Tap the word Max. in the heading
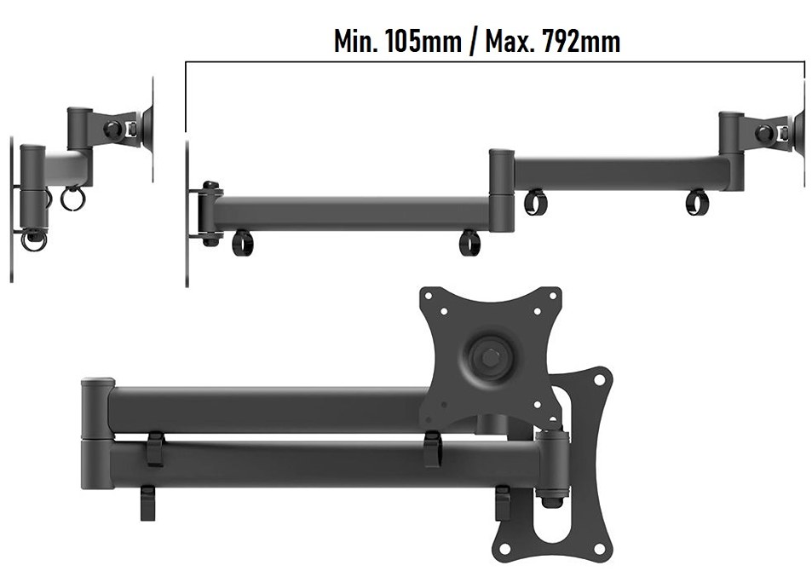point(509,41)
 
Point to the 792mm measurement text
point(581,41)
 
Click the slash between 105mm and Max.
point(473,42)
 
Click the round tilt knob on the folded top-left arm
point(112,129)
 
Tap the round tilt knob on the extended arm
point(763,133)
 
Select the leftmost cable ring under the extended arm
point(242,243)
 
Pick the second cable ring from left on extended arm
point(469,243)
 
